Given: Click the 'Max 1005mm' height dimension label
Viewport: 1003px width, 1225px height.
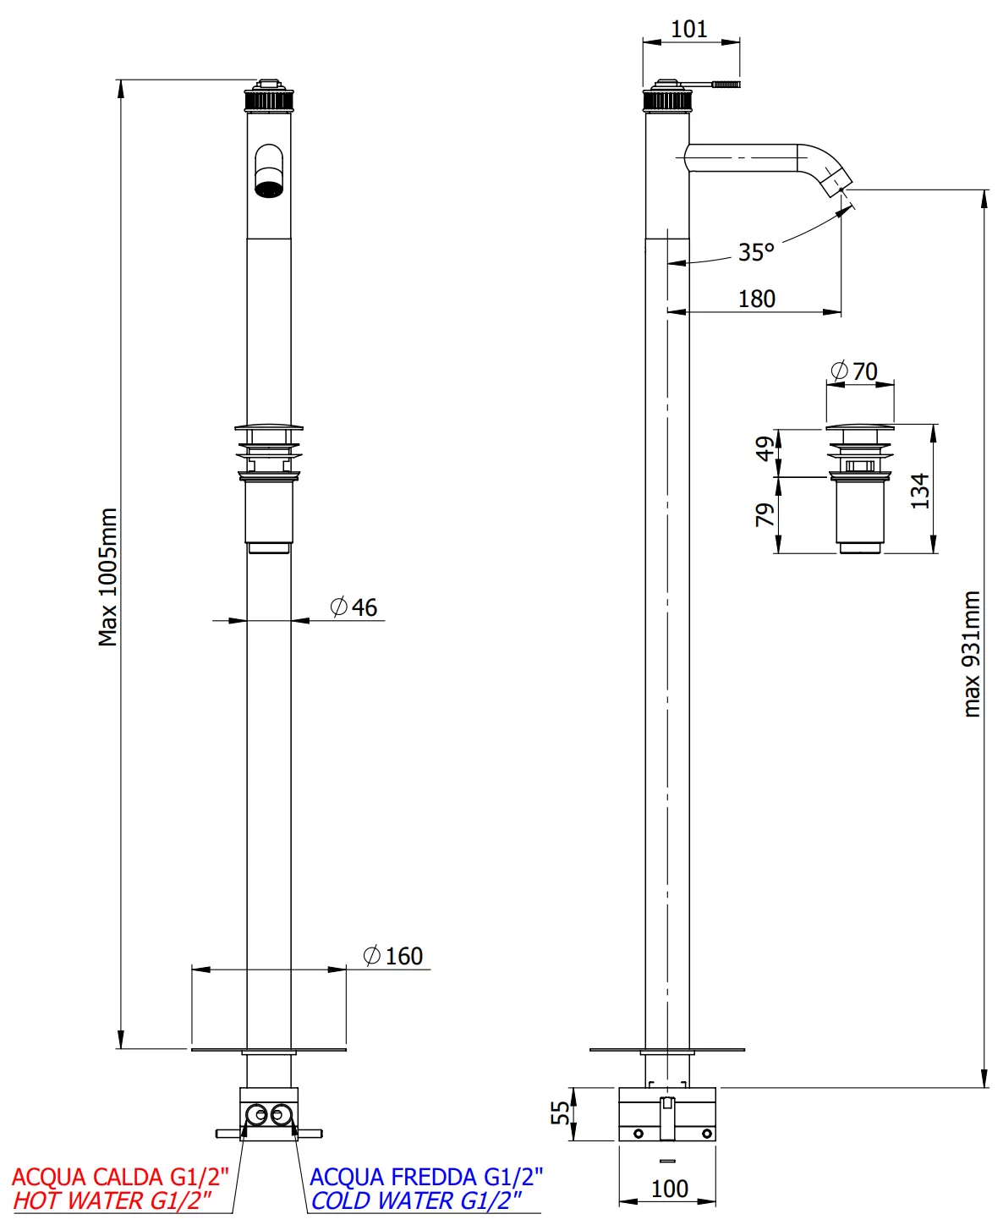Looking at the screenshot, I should (x=107, y=577).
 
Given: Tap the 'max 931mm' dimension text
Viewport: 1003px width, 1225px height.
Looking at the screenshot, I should (x=972, y=654).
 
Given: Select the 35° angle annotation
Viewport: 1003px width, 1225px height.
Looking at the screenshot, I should (x=755, y=252).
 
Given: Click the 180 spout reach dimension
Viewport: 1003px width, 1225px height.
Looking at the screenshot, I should (x=756, y=299).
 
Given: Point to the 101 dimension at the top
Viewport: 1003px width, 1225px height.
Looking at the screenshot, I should (x=688, y=29).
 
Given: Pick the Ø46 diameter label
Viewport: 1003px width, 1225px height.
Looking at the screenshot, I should (x=354, y=607).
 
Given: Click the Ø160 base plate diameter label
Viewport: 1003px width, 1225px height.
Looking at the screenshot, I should (x=393, y=956).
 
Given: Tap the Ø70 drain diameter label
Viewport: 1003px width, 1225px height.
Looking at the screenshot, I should (x=854, y=371).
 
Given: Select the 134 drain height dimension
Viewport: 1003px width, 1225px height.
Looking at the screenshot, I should (x=920, y=491).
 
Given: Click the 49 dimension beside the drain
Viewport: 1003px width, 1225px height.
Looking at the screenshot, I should (x=765, y=448).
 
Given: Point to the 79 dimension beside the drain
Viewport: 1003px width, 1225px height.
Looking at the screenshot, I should (x=765, y=514).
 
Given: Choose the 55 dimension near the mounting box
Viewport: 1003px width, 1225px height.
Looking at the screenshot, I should (x=561, y=1112).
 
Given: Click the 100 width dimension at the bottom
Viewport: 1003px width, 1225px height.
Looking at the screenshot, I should (x=669, y=1189).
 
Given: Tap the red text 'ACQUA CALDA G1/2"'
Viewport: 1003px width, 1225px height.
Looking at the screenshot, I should (x=120, y=1177).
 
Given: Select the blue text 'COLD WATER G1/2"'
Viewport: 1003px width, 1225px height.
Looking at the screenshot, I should (x=416, y=1200).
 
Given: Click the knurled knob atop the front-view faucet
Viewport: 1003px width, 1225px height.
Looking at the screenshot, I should (x=269, y=99).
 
